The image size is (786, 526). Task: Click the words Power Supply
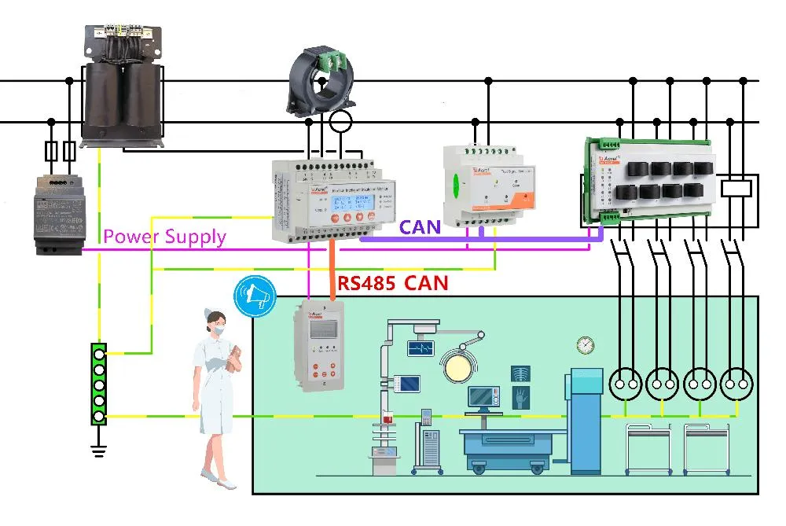click(x=165, y=236)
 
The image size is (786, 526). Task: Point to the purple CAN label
click(x=421, y=228)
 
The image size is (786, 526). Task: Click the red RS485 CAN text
click(x=392, y=283)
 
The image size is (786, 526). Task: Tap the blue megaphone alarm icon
click(x=254, y=296)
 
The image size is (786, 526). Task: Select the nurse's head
click(x=215, y=323)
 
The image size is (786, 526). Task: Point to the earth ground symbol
click(x=98, y=451)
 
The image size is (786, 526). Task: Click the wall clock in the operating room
click(x=584, y=344)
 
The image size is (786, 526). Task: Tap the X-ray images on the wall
click(x=520, y=383)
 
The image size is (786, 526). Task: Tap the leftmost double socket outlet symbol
click(x=626, y=384)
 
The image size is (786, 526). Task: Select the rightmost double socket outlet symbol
click(x=738, y=384)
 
